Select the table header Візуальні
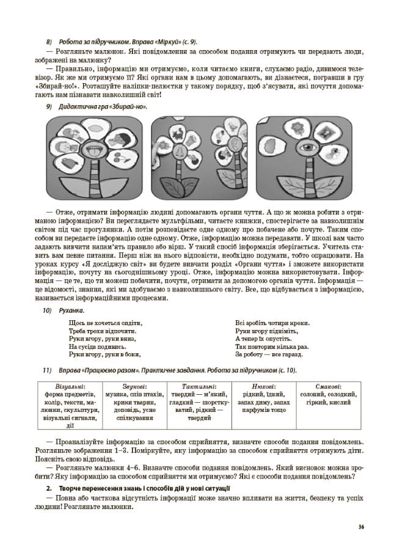coord(70,386)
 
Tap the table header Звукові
coord(134,386)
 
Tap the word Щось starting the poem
coord(76,323)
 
